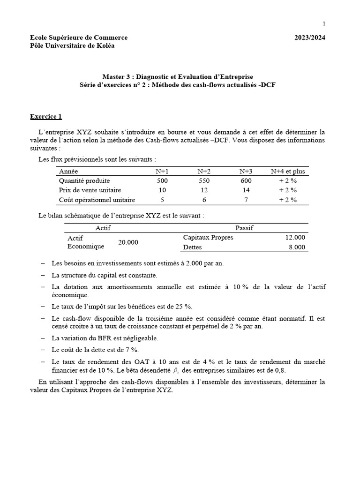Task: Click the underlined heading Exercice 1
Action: pyautogui.click(x=46, y=116)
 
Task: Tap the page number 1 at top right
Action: pyautogui.click(x=323, y=23)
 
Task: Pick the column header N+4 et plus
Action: pyautogui.click(x=287, y=172)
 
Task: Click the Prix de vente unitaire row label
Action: pyautogui.click(x=90, y=190)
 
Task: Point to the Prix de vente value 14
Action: pyautogui.click(x=246, y=190)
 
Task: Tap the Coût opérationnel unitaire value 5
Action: pyautogui.click(x=162, y=200)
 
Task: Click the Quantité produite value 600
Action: pyautogui.click(x=246, y=181)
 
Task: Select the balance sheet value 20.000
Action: pyautogui.click(x=128, y=242)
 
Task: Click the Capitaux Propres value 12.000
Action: pyautogui.click(x=295, y=238)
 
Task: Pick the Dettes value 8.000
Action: pyautogui.click(x=296, y=247)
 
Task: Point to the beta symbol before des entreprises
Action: pyautogui.click(x=176, y=370)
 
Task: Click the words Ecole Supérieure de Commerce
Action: pyautogui.click(x=79, y=37)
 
